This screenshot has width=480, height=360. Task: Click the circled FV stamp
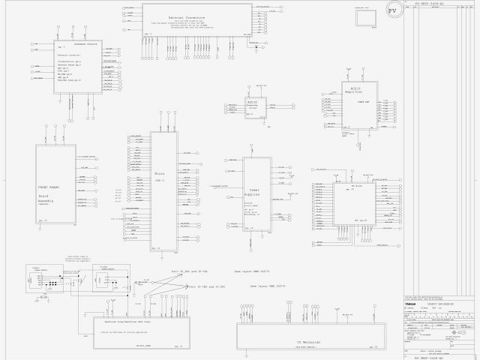[x=391, y=12]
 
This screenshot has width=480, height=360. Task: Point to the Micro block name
[x=159, y=173]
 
